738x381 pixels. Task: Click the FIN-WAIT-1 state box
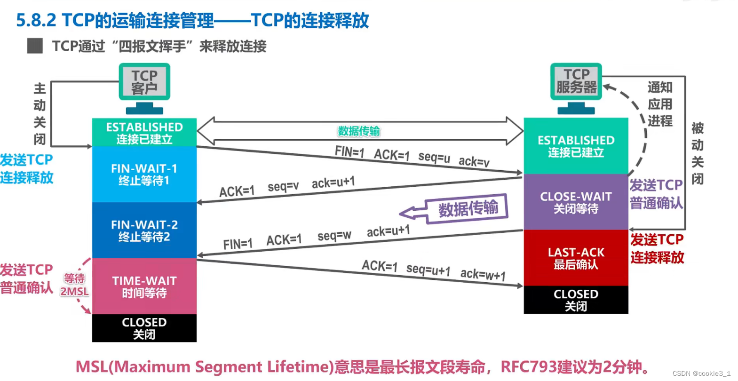[144, 174]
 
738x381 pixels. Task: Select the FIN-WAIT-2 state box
[144, 230]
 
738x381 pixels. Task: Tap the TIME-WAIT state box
[144, 286]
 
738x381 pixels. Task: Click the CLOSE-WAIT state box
[576, 202]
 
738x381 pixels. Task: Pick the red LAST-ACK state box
[576, 258]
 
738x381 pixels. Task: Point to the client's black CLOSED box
[144, 328]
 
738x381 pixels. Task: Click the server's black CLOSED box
[576, 300]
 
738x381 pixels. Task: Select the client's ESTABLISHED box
[144, 132]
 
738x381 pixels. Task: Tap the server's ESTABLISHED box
[576, 146]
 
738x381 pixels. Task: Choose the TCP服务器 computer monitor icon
[576, 81]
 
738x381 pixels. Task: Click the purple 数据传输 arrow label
[468, 208]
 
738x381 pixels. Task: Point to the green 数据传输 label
[359, 131]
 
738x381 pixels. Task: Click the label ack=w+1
[483, 275]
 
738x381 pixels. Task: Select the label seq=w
[334, 235]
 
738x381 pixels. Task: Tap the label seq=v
[283, 187]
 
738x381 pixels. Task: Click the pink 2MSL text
[74, 292]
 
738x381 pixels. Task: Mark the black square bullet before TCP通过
[35, 46]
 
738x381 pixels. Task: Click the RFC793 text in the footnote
[527, 366]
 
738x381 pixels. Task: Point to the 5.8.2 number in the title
[36, 20]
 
